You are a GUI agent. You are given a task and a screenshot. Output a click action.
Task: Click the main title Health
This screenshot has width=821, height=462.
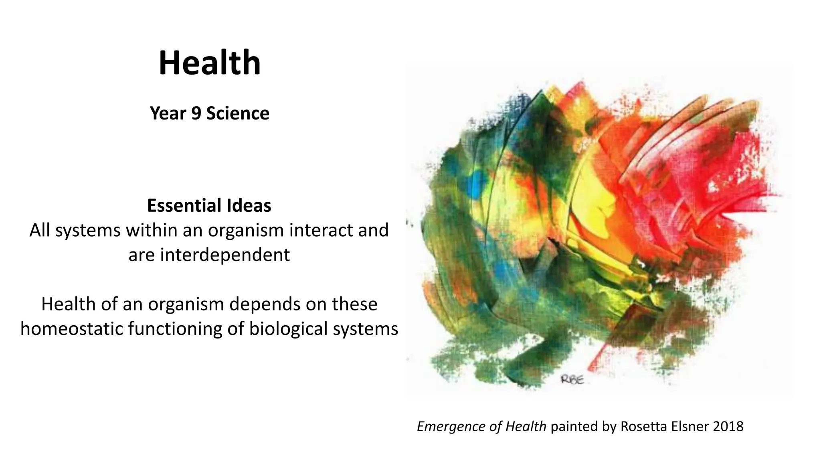coord(210,63)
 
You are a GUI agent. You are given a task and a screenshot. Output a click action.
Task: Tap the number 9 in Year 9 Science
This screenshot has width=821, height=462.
coord(196,113)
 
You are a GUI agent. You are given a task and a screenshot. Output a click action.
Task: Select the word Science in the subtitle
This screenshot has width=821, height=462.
coord(237,113)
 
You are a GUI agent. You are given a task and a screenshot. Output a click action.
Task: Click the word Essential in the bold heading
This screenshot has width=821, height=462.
coord(184,206)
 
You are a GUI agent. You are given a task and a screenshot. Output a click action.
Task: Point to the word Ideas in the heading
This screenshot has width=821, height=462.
coord(249,206)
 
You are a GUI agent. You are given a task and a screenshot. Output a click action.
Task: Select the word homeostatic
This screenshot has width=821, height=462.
coord(72,329)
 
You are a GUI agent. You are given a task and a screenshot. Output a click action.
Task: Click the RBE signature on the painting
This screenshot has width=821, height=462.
coord(572,379)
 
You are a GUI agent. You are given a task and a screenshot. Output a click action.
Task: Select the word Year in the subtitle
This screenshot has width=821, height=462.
coord(168,113)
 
